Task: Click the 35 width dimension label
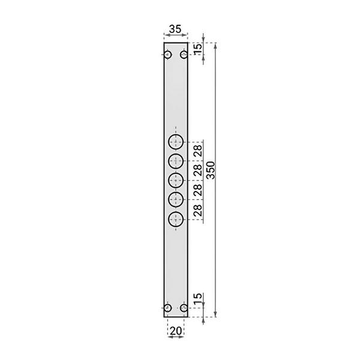point(175,29)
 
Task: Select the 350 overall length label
point(211,170)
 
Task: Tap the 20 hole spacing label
point(176,331)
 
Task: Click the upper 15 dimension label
point(197,49)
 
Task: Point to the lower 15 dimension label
point(197,299)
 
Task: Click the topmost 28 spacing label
point(197,151)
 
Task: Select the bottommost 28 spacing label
point(197,211)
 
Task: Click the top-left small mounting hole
point(168,55)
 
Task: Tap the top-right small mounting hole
point(184,55)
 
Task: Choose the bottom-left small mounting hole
point(168,308)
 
